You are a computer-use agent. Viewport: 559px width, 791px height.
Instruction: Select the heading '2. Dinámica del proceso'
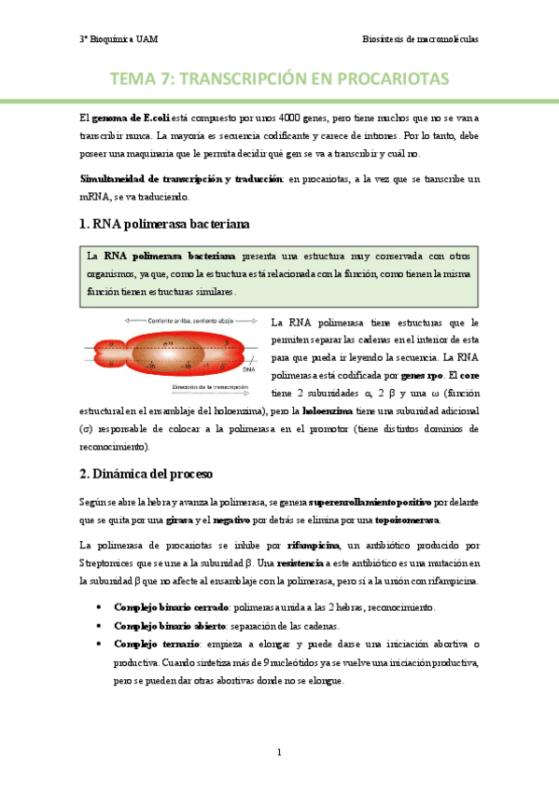point(147,474)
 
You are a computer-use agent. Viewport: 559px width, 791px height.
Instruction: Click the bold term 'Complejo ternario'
point(154,644)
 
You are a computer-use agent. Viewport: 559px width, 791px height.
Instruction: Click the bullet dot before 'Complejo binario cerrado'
point(99,607)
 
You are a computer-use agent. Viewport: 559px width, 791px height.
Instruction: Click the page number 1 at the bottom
point(279,752)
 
